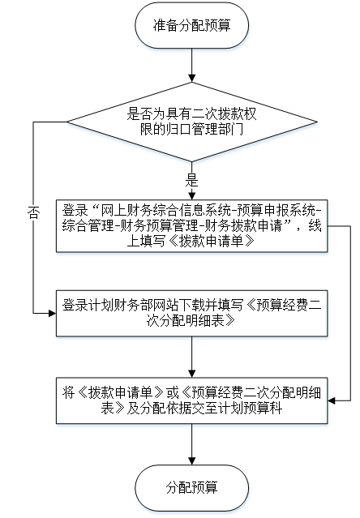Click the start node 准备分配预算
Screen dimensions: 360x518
[x=191, y=26]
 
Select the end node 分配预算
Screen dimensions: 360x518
[x=191, y=488]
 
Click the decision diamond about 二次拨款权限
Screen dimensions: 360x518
[x=191, y=122]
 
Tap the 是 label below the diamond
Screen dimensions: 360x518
[x=191, y=181]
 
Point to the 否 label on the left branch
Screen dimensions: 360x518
[x=33, y=212]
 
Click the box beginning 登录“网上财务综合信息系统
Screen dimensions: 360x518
[x=191, y=226]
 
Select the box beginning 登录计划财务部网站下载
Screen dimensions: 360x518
[x=191, y=313]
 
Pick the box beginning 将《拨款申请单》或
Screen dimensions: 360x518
[x=191, y=400]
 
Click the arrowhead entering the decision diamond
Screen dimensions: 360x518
[x=191, y=78]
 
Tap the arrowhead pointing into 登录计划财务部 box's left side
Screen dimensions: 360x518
[x=52, y=313]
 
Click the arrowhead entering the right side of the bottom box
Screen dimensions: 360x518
[x=332, y=400]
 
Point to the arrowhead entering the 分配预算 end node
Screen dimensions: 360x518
[x=191, y=460]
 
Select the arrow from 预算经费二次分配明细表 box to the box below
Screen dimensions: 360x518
[x=191, y=357]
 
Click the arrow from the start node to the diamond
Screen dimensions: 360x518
[x=191, y=66]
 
